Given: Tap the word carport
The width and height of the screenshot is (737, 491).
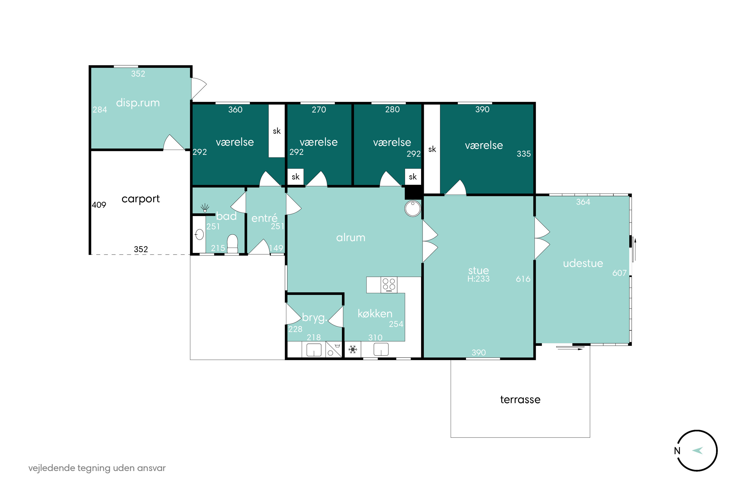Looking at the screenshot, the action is pyautogui.click(x=141, y=199).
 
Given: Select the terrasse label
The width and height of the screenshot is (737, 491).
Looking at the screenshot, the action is pyautogui.click(x=520, y=400).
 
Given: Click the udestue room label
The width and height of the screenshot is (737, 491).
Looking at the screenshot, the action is pyautogui.click(x=583, y=263).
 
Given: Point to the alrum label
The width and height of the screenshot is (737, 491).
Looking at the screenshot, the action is pyautogui.click(x=351, y=237).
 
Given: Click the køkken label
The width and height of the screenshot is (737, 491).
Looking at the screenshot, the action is pyautogui.click(x=375, y=314).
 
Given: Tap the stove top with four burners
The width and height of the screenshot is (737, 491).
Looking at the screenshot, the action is pyautogui.click(x=389, y=285).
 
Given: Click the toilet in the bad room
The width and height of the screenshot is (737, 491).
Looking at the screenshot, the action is pyautogui.click(x=232, y=244).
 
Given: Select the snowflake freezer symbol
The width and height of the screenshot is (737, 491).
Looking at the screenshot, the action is pyautogui.click(x=353, y=349).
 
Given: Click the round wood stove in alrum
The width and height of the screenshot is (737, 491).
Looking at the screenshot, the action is pyautogui.click(x=413, y=208).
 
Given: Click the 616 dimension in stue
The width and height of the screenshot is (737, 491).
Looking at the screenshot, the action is pyautogui.click(x=523, y=279).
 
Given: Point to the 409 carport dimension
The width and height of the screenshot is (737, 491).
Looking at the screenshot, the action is pyautogui.click(x=99, y=205).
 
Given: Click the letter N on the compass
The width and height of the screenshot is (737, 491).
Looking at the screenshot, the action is pyautogui.click(x=677, y=451).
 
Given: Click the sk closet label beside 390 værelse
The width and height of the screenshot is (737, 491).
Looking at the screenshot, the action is pyautogui.click(x=432, y=149).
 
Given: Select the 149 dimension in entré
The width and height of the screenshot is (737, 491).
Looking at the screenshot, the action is pyautogui.click(x=276, y=248).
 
